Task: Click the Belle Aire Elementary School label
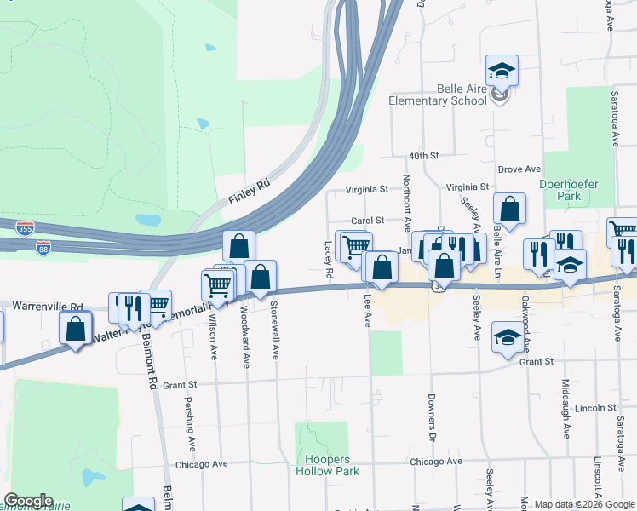[x=437, y=95]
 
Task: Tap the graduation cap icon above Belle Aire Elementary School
[x=502, y=71]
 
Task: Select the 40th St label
[x=422, y=157]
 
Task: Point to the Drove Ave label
[x=519, y=169]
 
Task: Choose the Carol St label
[x=369, y=220]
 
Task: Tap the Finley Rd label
[x=249, y=192]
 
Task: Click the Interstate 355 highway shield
[x=25, y=229]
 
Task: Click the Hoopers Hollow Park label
[x=326, y=465]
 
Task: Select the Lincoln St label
[x=589, y=408]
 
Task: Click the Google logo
[x=28, y=501]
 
